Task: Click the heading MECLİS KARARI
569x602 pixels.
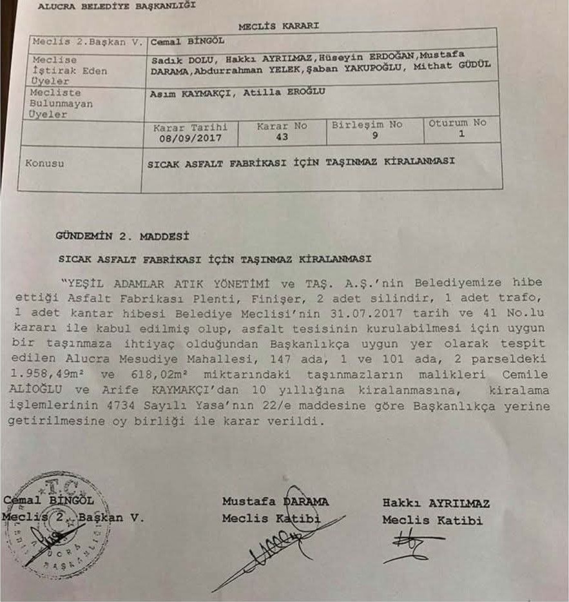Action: tap(278, 26)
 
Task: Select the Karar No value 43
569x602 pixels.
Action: tap(282, 137)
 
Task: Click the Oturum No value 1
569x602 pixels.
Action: tap(461, 135)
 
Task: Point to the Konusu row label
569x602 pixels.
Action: tap(44, 163)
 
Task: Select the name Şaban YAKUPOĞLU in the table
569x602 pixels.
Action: tap(352, 66)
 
